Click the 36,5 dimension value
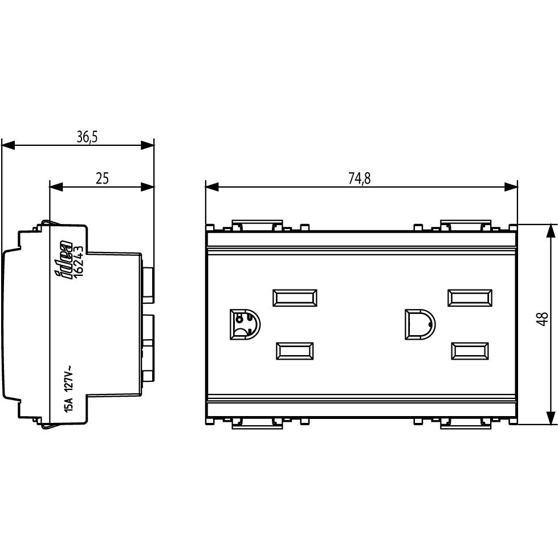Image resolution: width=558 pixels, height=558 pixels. [x=87, y=137]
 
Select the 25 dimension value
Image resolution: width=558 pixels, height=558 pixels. [x=102, y=178]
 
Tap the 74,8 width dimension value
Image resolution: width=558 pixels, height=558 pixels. [x=360, y=178]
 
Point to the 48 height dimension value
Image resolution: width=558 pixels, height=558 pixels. [x=543, y=319]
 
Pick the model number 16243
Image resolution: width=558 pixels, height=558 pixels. [x=79, y=262]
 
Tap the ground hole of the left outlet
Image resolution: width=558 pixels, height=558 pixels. [x=245, y=324]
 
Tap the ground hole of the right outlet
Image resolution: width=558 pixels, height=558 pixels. [x=420, y=324]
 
